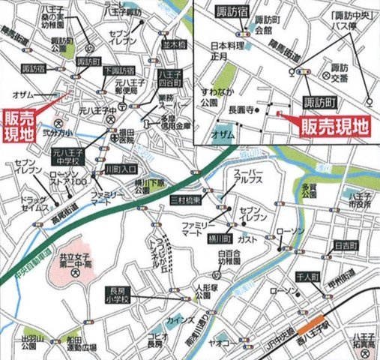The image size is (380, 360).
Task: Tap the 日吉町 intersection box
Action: (345, 245)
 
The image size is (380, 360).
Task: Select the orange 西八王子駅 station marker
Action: (309, 327)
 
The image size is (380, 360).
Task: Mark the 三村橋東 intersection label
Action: (185, 201)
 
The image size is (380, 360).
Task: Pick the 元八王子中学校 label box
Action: (68, 156)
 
